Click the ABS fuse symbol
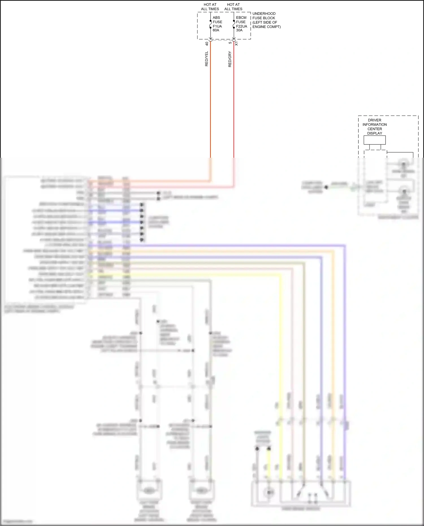(x=210, y=24)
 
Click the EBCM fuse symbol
(x=234, y=24)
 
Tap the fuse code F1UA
(x=217, y=26)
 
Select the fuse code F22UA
(x=241, y=26)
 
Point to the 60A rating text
(x=216, y=30)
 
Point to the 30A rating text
(x=239, y=30)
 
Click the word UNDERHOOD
(x=264, y=14)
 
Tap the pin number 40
(x=207, y=44)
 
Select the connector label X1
(x=236, y=44)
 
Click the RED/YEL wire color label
(x=206, y=59)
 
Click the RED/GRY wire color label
(x=230, y=59)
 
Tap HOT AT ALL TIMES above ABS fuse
(x=210, y=7)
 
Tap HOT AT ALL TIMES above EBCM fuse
(x=233, y=7)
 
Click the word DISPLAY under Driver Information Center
(x=375, y=133)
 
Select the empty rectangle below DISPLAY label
(x=375, y=140)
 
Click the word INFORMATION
(x=375, y=125)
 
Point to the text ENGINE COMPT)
(x=266, y=27)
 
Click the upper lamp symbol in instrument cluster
(x=404, y=164)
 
